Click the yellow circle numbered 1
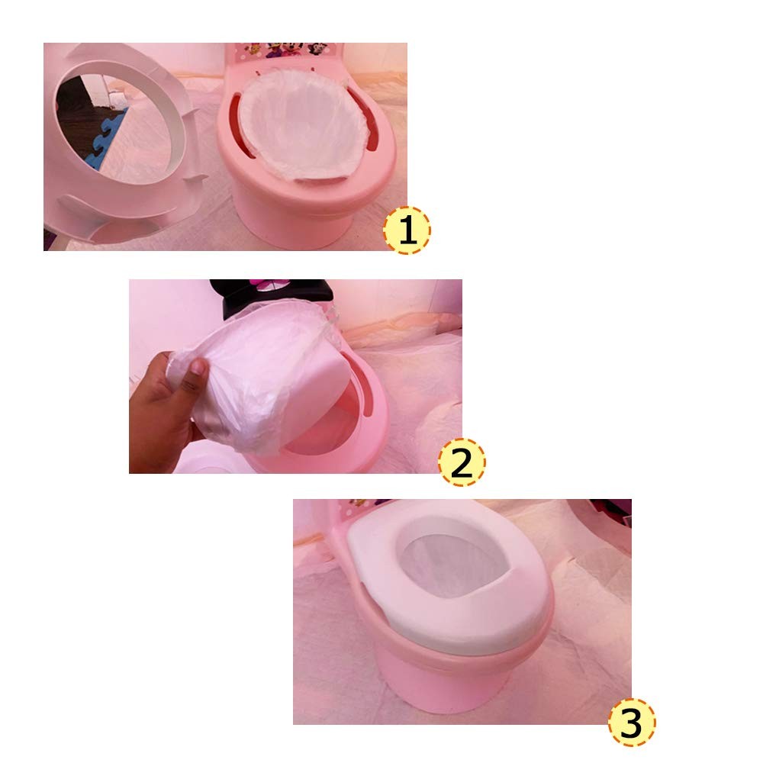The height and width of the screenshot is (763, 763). [x=407, y=230]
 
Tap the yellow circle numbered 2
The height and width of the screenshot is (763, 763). [x=462, y=463]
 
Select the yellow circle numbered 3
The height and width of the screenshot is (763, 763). [x=631, y=723]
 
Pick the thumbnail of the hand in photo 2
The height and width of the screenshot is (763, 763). [x=198, y=370]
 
